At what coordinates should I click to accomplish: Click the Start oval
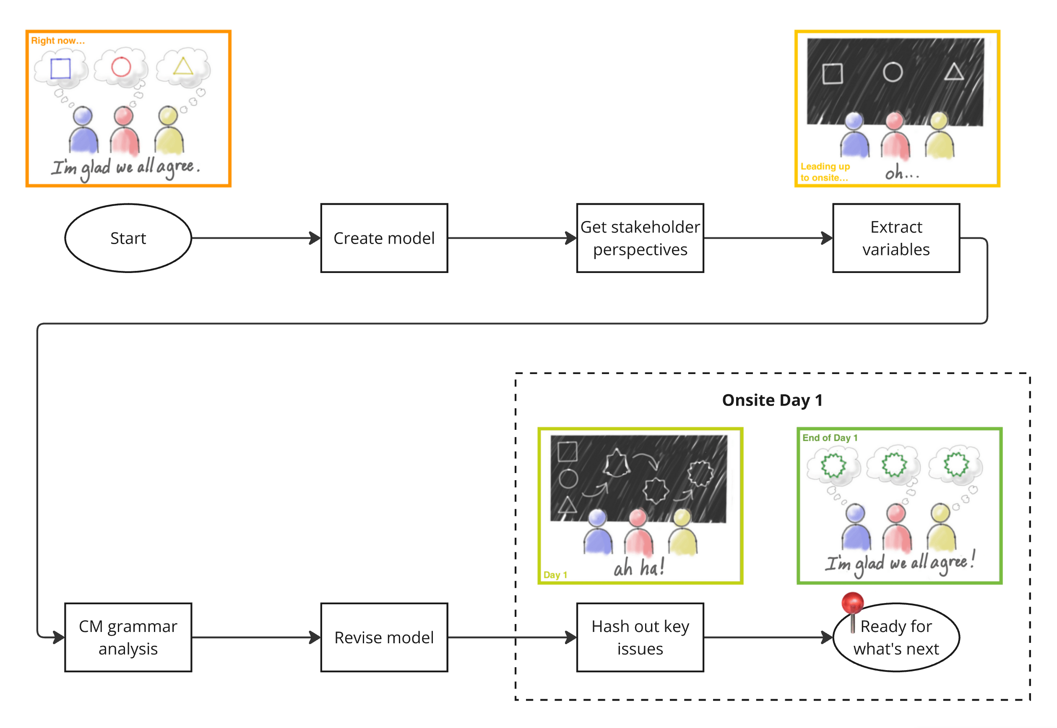point(128,238)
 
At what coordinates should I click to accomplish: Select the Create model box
point(384,238)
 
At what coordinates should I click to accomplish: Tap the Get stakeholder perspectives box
point(640,238)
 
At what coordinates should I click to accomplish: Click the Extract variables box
point(896,238)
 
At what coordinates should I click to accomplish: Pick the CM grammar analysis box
point(128,637)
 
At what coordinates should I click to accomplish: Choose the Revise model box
point(384,637)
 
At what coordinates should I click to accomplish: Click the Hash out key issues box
point(640,637)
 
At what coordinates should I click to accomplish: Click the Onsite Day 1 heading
point(772,400)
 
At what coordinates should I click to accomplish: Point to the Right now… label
point(57,41)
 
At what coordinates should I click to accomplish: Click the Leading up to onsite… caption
point(825,172)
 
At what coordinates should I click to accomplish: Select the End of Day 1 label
point(830,438)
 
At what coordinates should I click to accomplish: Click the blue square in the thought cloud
point(60,69)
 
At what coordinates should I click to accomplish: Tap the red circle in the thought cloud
point(121,67)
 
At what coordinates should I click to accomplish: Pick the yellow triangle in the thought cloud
point(183,66)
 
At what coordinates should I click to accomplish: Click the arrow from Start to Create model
point(255,238)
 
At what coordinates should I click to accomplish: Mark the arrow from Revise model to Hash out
point(511,637)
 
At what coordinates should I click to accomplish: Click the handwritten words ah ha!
point(639,568)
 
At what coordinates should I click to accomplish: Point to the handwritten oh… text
point(901,173)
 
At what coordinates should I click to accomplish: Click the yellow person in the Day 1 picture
point(682,534)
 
